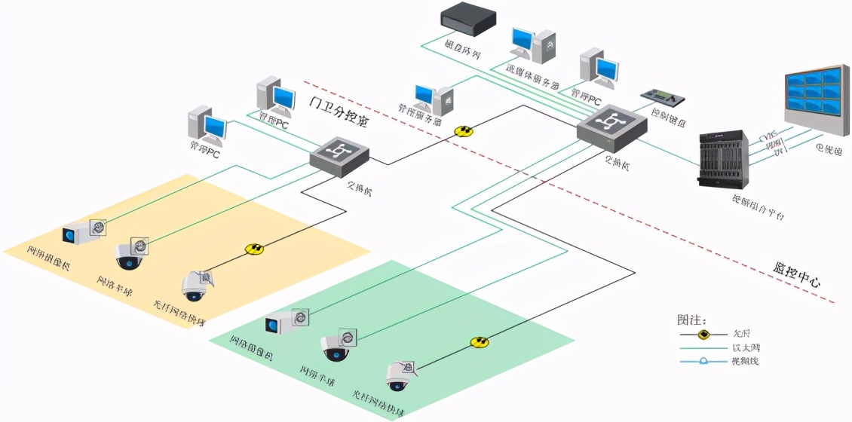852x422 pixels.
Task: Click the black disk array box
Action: coord(468,19)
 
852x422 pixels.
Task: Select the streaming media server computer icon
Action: coord(532,45)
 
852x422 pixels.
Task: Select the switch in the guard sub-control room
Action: coord(340,154)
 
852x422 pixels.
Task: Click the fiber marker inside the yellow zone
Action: coord(254,249)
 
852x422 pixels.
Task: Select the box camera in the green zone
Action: coord(283,323)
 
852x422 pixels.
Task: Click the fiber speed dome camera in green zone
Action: coord(398,376)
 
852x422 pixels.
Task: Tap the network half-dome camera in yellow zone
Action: coord(129,256)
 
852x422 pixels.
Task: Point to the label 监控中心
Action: coord(796,277)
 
